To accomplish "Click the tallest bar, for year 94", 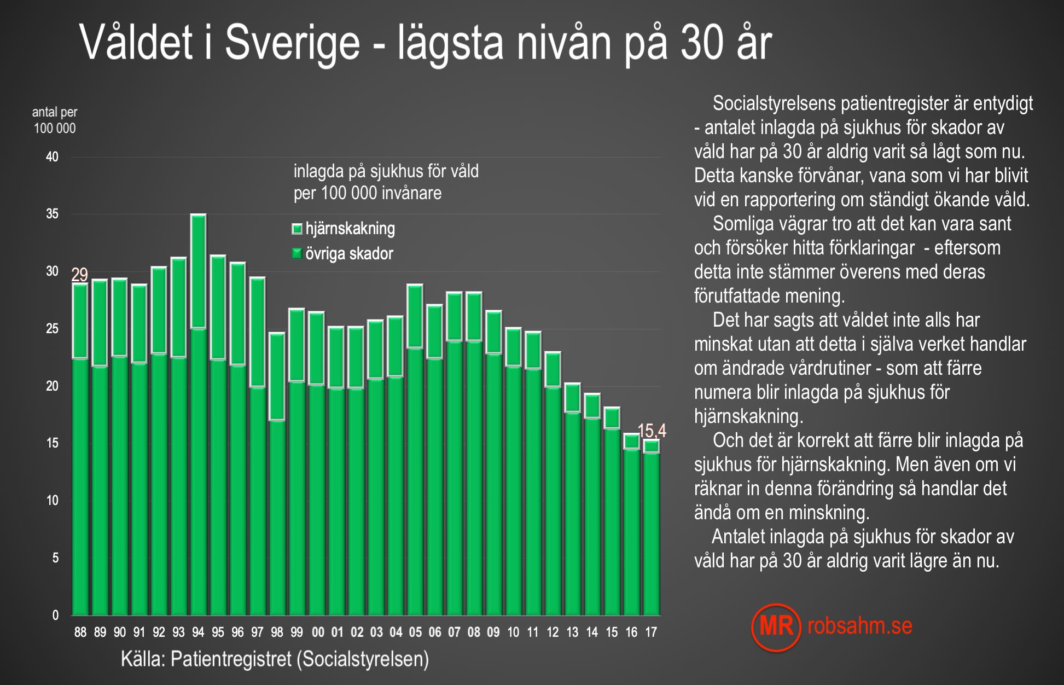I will (x=198, y=416).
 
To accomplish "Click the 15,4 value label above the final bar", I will (x=652, y=431).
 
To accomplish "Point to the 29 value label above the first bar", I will (x=80, y=275).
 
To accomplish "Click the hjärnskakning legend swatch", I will (x=297, y=229).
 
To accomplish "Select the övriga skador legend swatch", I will (x=297, y=253).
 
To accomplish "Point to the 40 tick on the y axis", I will (x=52, y=157).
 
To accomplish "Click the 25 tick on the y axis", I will (x=52, y=329).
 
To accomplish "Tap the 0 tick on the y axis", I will (x=55, y=615).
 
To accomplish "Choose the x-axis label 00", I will (x=318, y=632).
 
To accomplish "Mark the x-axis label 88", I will (x=80, y=632).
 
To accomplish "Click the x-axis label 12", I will (x=553, y=632).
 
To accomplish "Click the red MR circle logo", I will (x=776, y=627).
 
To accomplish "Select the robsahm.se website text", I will (x=859, y=626).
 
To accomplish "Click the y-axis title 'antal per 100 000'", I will (x=55, y=120).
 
